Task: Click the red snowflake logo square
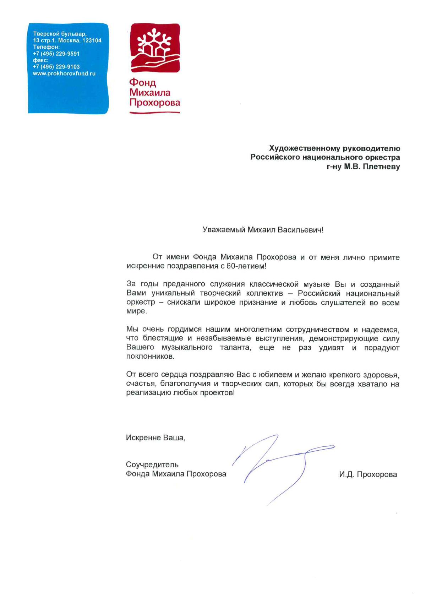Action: tap(155, 48)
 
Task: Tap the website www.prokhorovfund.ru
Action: tap(64, 74)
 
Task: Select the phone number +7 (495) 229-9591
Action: tap(56, 54)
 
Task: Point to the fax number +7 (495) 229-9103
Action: tap(56, 67)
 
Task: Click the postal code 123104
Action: tap(92, 40)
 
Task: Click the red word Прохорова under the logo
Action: tap(155, 103)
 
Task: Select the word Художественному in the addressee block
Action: tap(299, 148)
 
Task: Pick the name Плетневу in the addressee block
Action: tap(381, 167)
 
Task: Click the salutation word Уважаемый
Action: tap(224, 230)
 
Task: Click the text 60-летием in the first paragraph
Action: tap(246, 266)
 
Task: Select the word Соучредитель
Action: tap(152, 465)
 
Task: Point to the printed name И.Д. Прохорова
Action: tap(368, 474)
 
